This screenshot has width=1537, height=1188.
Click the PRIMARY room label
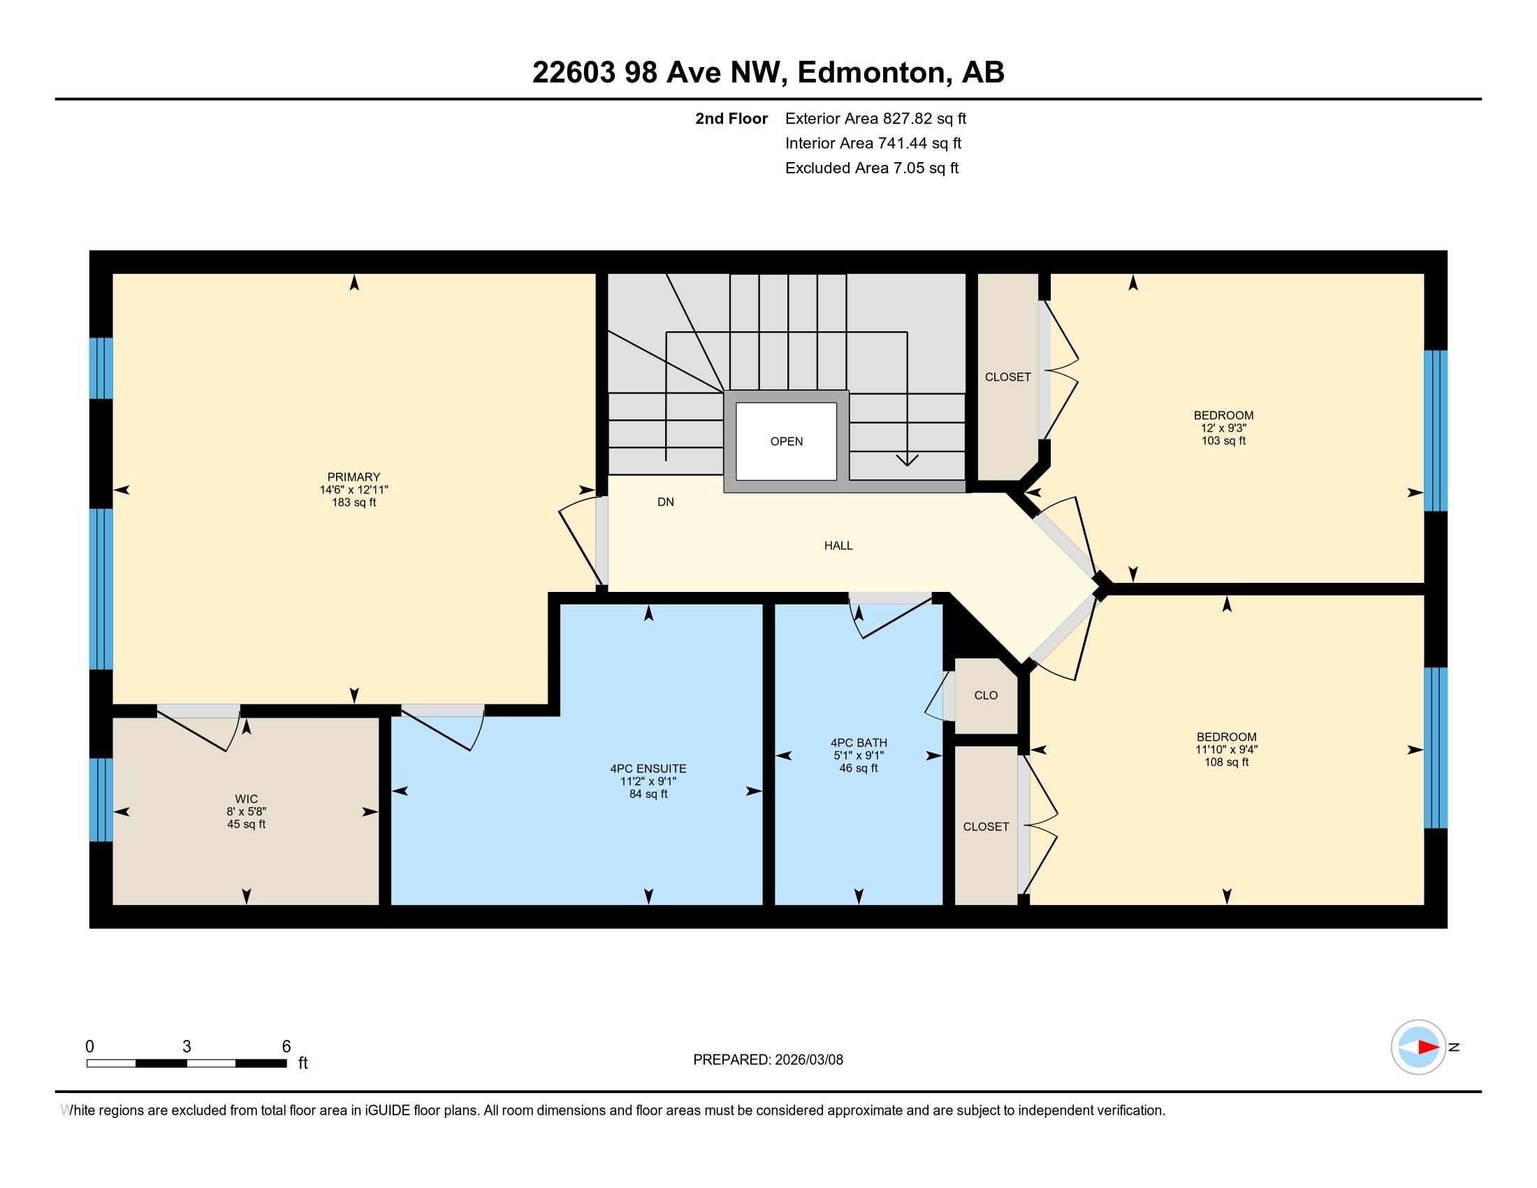(x=354, y=477)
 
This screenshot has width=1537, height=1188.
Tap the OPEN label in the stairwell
(x=786, y=441)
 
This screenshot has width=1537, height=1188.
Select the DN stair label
(x=665, y=502)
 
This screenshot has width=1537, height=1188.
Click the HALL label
(x=838, y=546)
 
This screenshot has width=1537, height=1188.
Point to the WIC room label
(x=247, y=799)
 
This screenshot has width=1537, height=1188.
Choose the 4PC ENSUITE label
(x=648, y=769)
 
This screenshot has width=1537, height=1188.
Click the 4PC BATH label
(x=859, y=742)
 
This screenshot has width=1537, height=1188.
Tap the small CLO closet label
(x=985, y=695)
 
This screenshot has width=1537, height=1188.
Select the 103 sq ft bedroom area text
(x=1223, y=440)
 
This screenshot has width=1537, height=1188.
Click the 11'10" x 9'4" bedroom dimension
(x=1226, y=750)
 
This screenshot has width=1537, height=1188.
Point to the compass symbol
(x=1418, y=1047)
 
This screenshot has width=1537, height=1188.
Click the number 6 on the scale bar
(x=286, y=1046)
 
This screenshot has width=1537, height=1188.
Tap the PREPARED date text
(x=768, y=1059)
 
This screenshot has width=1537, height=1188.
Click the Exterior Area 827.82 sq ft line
(x=875, y=118)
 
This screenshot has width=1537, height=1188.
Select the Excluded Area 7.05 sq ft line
(x=871, y=168)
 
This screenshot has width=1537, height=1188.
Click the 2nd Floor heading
(x=731, y=118)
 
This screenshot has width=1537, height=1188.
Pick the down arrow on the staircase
(x=907, y=459)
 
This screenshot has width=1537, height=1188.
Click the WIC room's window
(x=101, y=799)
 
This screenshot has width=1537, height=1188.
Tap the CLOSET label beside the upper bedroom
(x=1007, y=377)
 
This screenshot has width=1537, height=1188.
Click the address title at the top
(x=768, y=72)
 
